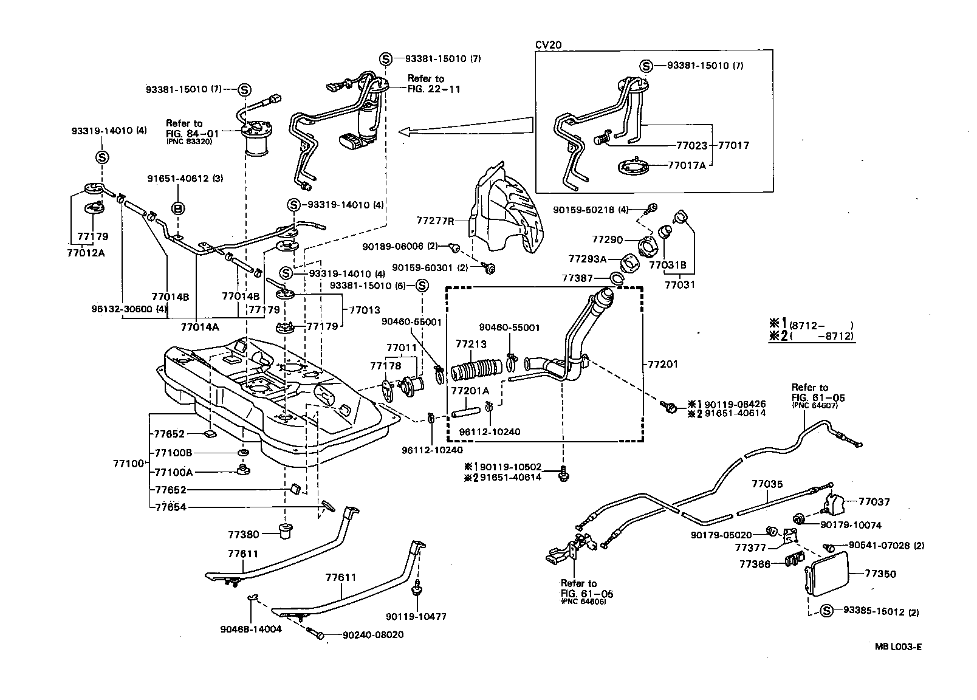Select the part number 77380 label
(x=244, y=535)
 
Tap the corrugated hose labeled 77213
(x=476, y=370)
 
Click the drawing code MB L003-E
(x=899, y=648)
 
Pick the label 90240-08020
(x=373, y=635)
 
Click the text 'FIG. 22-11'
(x=434, y=89)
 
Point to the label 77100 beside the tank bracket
(x=128, y=464)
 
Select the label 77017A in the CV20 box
(x=687, y=165)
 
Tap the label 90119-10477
(x=418, y=617)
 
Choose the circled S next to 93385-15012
(x=826, y=612)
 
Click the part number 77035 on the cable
(x=767, y=484)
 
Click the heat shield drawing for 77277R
(x=507, y=210)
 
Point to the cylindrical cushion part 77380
(x=285, y=529)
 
